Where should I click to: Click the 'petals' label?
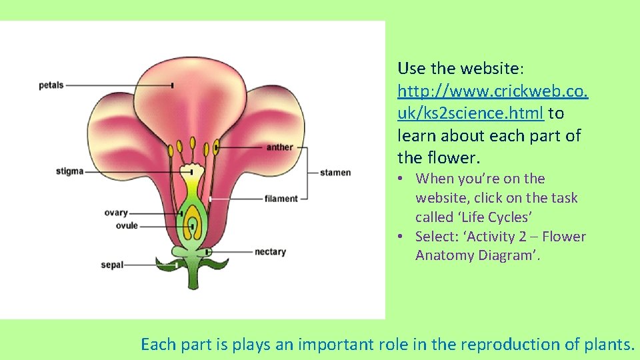pos(51,85)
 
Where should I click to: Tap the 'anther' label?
pos(279,147)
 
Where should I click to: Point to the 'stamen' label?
pos(335,173)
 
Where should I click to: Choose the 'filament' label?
pos(281,199)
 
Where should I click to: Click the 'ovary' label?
pos(115,213)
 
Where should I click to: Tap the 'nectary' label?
pos(270,252)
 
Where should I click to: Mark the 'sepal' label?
pos(112,265)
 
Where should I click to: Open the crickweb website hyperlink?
pos(493,91)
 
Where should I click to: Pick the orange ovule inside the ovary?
pos(194,222)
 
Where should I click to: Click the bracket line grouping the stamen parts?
pos(307,173)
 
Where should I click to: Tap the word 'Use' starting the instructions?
pos(409,68)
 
